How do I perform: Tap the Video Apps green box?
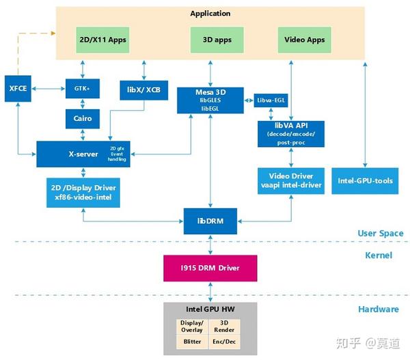(305, 40)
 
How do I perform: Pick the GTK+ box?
(83, 89)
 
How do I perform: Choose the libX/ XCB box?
(143, 89)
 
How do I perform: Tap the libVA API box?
(292, 133)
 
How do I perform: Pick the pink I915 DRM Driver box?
(210, 267)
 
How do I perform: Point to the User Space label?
(380, 234)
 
